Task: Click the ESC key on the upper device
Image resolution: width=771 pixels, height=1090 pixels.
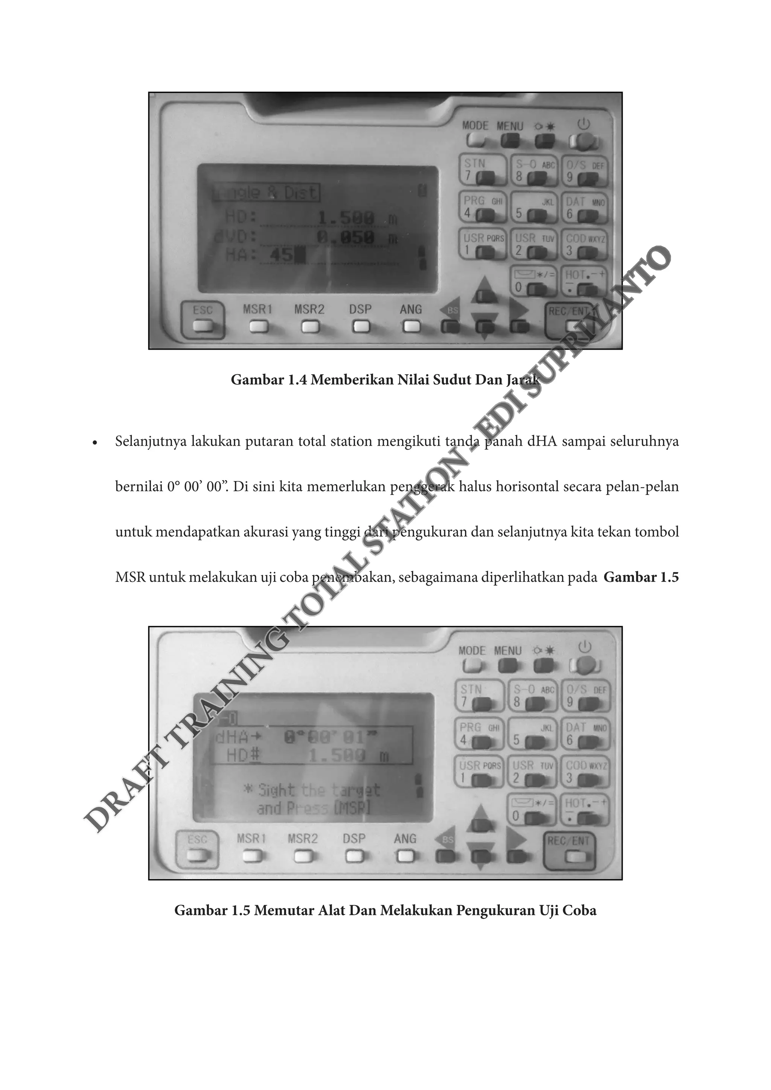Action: (203, 318)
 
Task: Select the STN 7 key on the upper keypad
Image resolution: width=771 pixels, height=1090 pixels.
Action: (482, 171)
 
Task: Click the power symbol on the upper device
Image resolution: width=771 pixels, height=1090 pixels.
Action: (584, 124)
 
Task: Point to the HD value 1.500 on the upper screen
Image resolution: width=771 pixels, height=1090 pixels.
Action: (346, 219)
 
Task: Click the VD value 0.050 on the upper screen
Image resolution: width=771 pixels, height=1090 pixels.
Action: (346, 237)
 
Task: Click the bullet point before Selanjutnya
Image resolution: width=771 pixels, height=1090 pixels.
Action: (95, 443)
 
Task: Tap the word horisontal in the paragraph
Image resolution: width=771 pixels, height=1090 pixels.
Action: (527, 487)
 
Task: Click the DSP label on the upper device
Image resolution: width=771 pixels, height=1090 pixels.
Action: (360, 309)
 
